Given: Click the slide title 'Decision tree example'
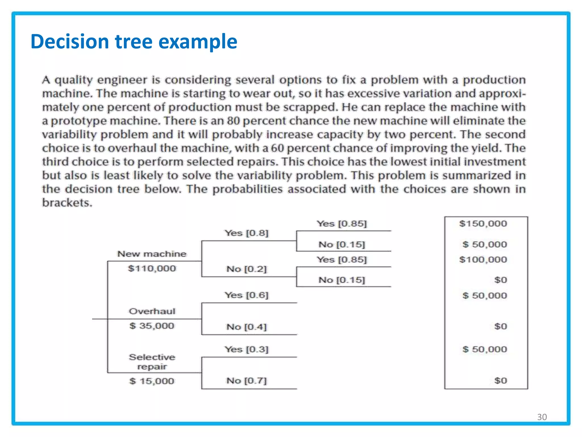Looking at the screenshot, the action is click(134, 42).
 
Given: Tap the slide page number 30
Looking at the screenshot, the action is click(542, 417).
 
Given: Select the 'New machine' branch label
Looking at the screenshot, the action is click(152, 254).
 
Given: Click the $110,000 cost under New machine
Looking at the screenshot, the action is click(152, 268).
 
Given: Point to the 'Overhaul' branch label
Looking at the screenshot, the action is click(152, 311).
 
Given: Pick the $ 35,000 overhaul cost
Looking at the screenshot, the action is click(152, 326).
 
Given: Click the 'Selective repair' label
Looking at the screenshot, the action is click(152, 362).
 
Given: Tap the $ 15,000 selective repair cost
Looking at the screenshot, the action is click(152, 381).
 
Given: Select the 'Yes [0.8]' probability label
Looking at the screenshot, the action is click(246, 233).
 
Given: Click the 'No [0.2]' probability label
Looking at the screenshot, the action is click(246, 269).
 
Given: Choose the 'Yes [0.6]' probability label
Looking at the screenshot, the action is click(246, 295).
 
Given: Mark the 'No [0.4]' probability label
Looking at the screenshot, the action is click(246, 327).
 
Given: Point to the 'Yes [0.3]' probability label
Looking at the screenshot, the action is click(246, 349).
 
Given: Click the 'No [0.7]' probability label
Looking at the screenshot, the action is click(246, 381).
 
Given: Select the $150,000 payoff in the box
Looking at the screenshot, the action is click(483, 224).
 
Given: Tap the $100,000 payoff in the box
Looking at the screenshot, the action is click(483, 259).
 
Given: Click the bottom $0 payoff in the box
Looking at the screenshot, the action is click(500, 381).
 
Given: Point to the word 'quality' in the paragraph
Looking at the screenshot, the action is click(74, 80).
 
